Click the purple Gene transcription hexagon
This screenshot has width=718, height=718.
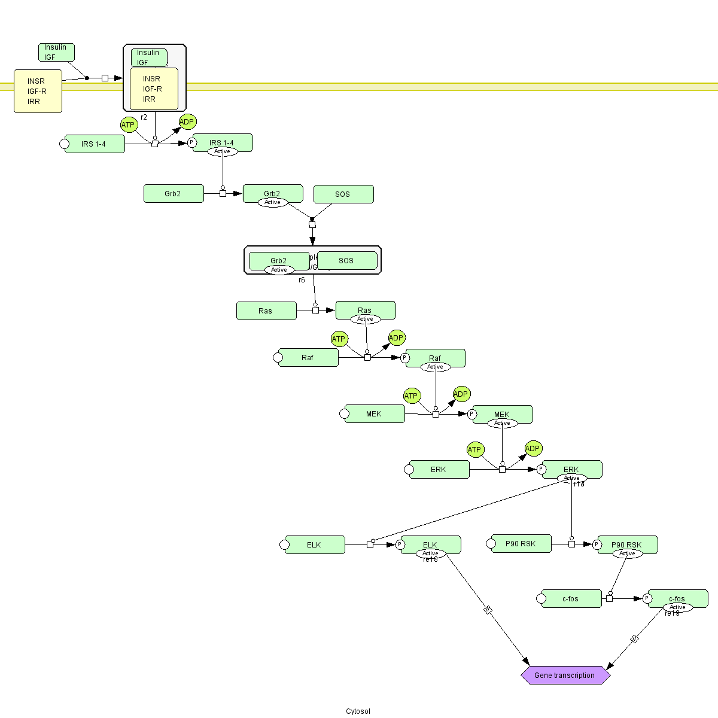[x=565, y=675]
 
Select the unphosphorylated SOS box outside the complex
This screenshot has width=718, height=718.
[x=343, y=194]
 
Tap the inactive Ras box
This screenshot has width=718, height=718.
[x=266, y=311]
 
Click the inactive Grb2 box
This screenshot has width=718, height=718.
[x=174, y=194]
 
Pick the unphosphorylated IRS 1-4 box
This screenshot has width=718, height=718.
[x=95, y=144]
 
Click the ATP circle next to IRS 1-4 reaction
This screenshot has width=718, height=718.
[x=129, y=124]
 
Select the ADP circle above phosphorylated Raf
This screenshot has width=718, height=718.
[x=397, y=338]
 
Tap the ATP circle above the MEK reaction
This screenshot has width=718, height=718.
[x=411, y=396]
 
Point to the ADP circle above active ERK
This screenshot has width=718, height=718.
[x=533, y=448]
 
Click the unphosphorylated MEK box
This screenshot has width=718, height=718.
[x=375, y=414]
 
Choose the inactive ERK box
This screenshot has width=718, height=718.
[x=439, y=470]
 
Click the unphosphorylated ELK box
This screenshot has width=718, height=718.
[x=315, y=545]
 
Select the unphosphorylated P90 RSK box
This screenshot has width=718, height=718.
[x=521, y=544]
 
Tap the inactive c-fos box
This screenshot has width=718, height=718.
[x=571, y=599]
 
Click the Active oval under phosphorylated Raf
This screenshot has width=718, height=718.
[x=435, y=367]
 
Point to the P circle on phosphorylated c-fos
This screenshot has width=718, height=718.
[x=647, y=598]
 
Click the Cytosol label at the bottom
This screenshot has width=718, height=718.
[x=358, y=711]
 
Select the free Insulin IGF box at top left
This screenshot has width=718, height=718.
[x=56, y=52]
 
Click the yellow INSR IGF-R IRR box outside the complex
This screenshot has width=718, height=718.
[x=38, y=91]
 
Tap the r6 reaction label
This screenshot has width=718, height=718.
[x=302, y=280]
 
